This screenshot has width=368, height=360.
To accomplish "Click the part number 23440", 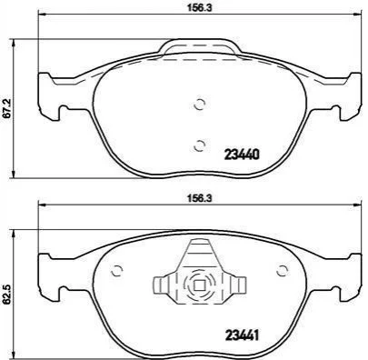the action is click(x=242, y=155).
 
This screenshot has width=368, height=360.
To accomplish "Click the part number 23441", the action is click(x=242, y=335).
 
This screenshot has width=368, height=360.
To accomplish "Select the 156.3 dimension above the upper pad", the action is click(x=199, y=8).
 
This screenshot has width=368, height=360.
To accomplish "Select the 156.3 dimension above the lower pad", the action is click(x=199, y=198).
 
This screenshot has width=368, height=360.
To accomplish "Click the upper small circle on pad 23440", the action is click(x=200, y=105).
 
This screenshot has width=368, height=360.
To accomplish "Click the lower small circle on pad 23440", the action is click(x=200, y=145).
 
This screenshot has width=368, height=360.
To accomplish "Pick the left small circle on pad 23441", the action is click(x=116, y=270).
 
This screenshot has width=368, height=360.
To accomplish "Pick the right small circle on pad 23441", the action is click(x=283, y=270).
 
